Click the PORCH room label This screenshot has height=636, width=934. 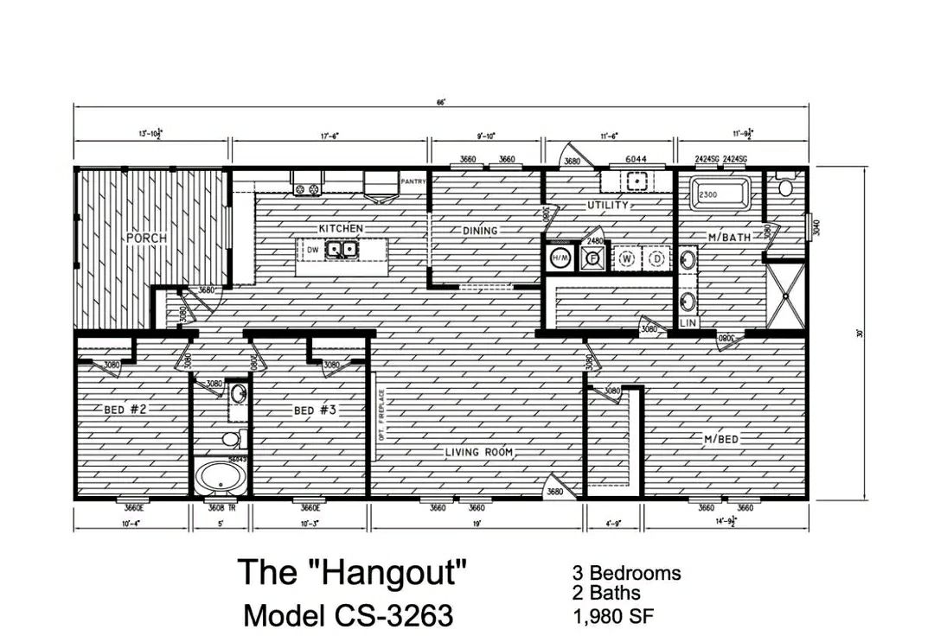click(146, 238)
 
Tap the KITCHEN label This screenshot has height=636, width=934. click(341, 228)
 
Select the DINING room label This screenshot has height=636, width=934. click(480, 231)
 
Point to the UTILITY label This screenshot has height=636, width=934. click(607, 206)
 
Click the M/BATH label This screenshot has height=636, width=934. click(728, 237)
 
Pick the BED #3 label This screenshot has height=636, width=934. click(315, 410)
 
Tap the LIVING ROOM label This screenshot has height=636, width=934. click(479, 452)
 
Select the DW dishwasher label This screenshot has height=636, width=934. click(313, 251)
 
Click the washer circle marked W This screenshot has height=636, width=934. click(625, 258)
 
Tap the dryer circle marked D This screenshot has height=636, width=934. click(656, 258)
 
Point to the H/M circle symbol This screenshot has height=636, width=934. click(560, 258)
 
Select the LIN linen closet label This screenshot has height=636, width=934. click(688, 322)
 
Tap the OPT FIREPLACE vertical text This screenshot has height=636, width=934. click(380, 415)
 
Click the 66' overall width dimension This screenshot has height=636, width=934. click(440, 103)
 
